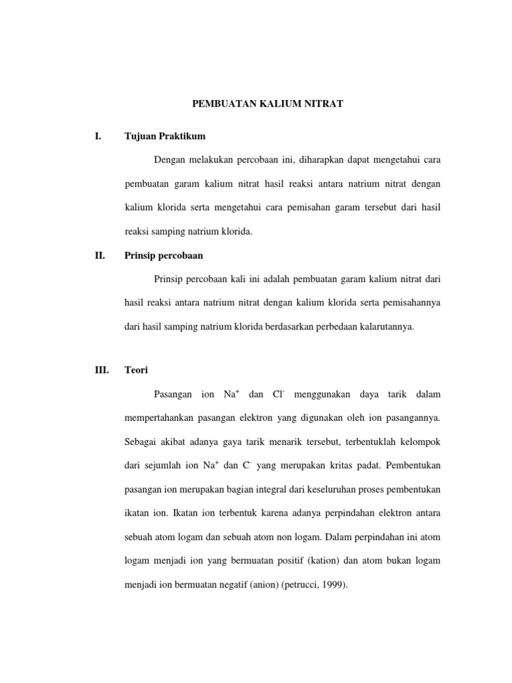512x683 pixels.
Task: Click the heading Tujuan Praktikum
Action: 165,137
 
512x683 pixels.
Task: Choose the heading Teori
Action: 137,372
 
